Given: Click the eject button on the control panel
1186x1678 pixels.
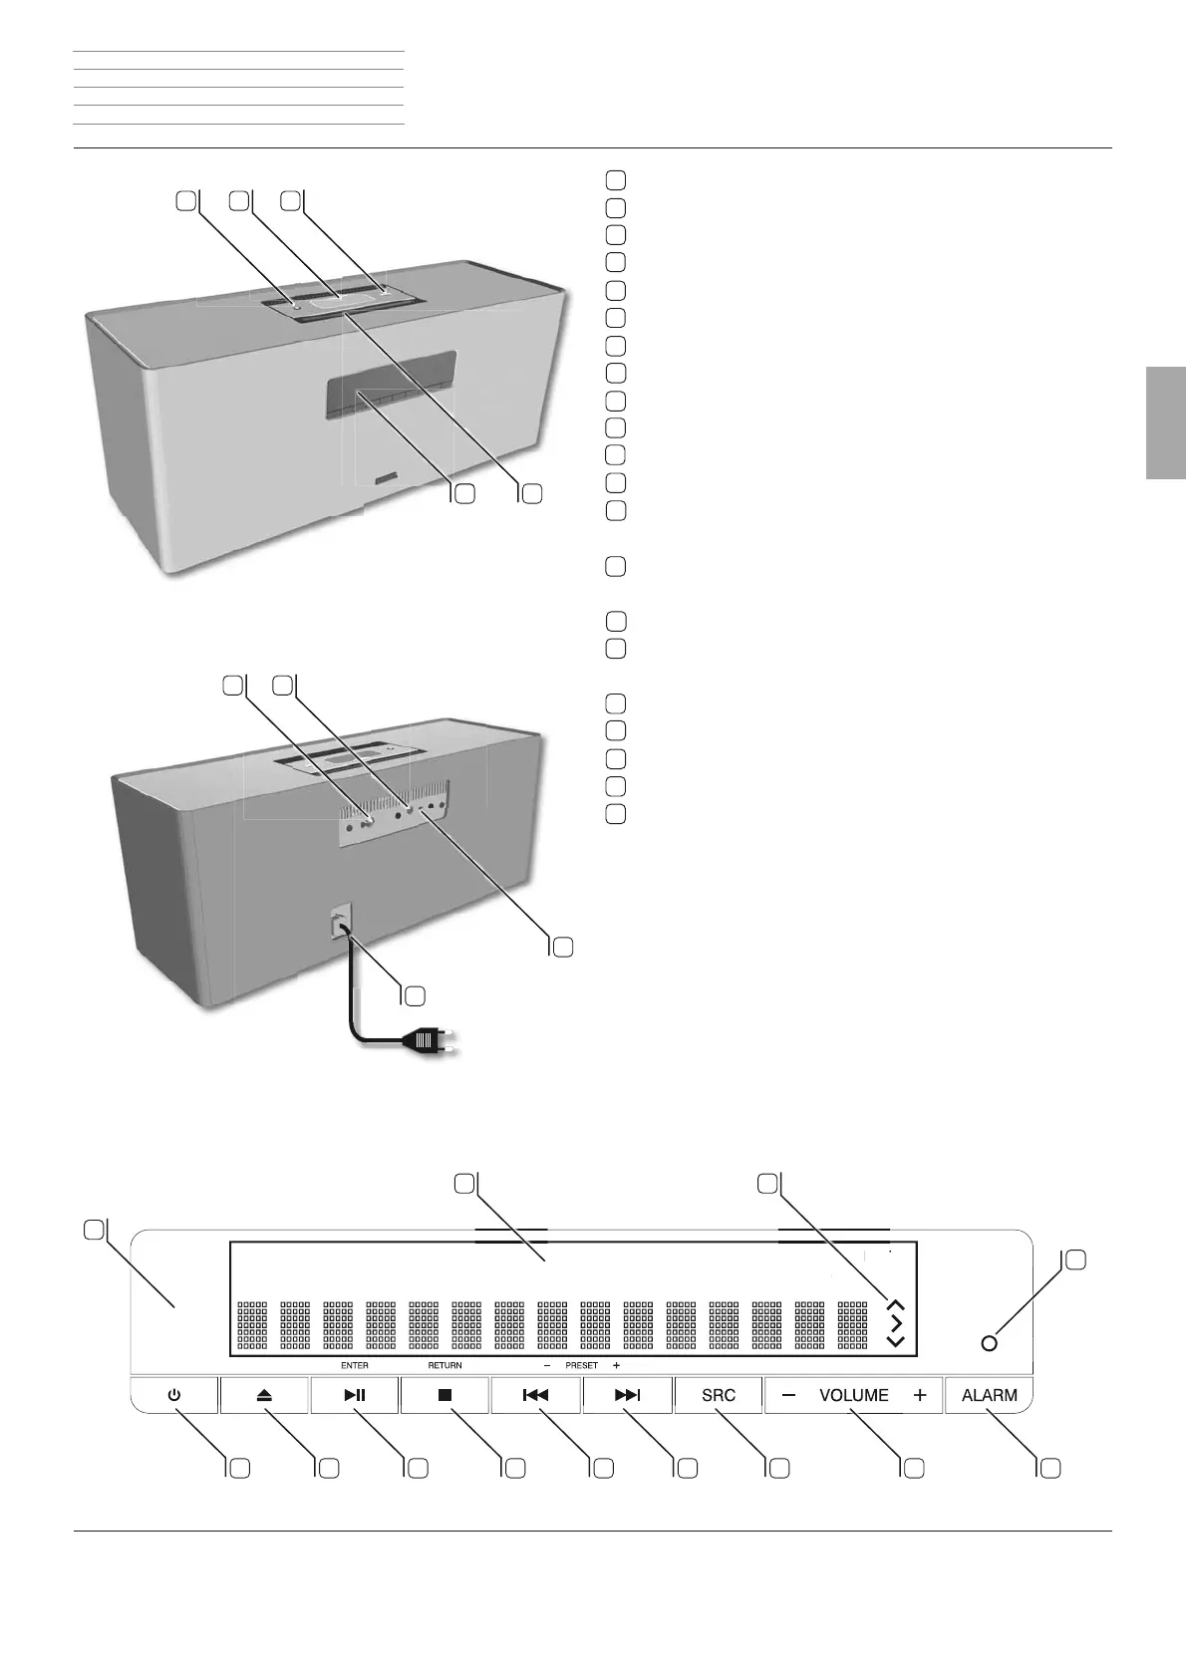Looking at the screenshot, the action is coord(264,1396).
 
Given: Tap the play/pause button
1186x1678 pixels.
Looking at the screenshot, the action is coord(355,1396).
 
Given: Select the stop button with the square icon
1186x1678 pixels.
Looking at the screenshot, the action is coord(445,1396).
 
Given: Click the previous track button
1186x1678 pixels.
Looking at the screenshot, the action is coord(535,1396).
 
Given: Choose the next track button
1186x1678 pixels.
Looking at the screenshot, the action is coord(627,1396).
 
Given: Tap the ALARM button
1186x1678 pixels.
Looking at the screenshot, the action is coord(989,1396).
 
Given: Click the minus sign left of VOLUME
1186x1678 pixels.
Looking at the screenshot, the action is coord(789,1396).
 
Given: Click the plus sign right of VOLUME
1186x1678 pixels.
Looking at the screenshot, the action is coord(919,1396).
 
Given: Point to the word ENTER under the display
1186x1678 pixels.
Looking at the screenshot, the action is coord(354,1365).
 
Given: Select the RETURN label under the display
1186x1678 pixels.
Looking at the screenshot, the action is coord(445,1365).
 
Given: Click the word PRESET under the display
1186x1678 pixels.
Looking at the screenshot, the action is coord(581,1365).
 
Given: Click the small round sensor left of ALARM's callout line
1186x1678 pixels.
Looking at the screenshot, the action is coord(989,1343).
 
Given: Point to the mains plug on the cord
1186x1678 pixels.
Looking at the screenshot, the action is coord(425,1042).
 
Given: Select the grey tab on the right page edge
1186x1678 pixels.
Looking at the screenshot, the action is coord(1165,423).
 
